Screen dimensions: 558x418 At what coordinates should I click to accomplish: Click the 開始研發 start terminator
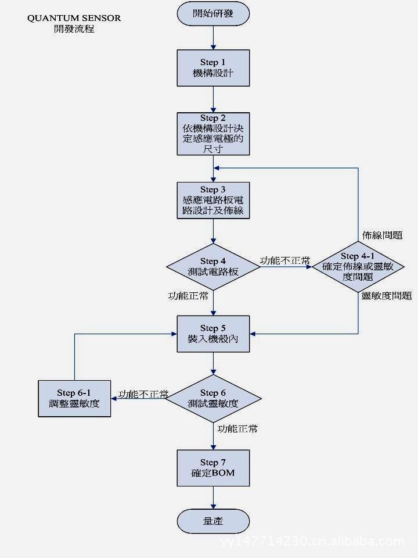click(x=213, y=13)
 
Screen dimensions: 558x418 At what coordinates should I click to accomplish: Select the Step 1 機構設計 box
click(x=213, y=68)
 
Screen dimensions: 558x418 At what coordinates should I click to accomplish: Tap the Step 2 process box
click(x=213, y=134)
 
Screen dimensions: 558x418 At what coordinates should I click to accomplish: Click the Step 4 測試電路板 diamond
click(x=213, y=267)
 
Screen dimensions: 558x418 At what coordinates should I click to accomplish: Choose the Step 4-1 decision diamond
click(x=358, y=267)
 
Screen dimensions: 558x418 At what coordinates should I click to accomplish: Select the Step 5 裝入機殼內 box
click(x=213, y=334)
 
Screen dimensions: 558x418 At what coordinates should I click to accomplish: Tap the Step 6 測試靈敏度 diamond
click(x=213, y=399)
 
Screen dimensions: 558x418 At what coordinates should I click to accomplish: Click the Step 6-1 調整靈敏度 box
click(x=74, y=398)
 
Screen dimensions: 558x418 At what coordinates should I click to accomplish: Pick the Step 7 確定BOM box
click(x=213, y=468)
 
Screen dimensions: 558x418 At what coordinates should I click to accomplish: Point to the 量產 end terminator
click(x=213, y=521)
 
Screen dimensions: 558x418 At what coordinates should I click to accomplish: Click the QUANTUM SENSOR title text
click(x=74, y=18)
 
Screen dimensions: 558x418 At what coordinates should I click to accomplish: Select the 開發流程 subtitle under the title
click(x=74, y=28)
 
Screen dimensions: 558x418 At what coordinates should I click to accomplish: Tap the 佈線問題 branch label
click(x=382, y=235)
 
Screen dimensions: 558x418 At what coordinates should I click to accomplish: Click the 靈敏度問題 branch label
click(x=386, y=296)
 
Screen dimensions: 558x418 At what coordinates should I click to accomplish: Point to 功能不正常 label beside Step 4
click(x=284, y=260)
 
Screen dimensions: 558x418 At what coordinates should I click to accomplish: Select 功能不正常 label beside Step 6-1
click(x=143, y=394)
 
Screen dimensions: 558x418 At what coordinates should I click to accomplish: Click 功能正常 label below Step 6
click(x=237, y=429)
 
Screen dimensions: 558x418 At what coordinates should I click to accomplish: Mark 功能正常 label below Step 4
click(x=188, y=296)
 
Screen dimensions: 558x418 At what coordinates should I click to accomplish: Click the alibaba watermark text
click(x=313, y=542)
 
